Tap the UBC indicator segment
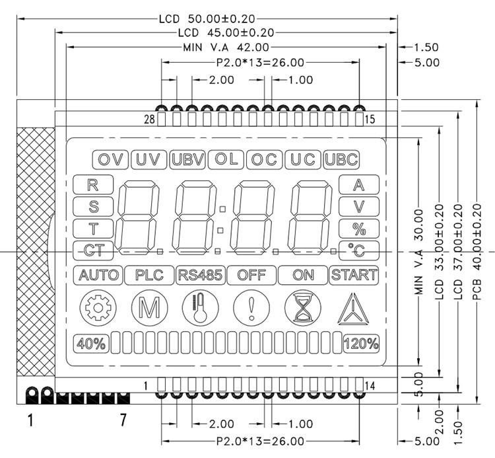point(342,159)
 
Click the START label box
point(354,275)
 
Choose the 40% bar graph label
point(91,344)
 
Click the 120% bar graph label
point(361,344)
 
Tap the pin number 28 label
point(148,119)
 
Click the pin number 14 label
point(369,386)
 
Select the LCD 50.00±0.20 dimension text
point(207,19)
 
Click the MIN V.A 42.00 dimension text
point(226,47)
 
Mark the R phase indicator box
point(93,184)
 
